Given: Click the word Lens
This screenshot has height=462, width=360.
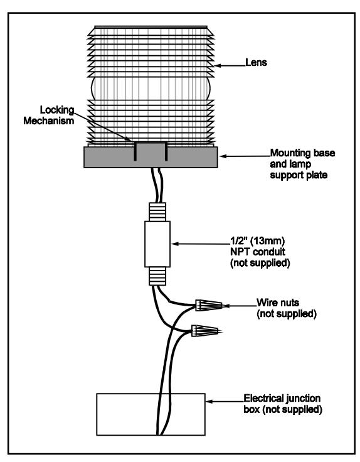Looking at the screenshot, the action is tap(256, 62).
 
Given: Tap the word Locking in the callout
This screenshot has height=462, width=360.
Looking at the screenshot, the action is tap(57, 110).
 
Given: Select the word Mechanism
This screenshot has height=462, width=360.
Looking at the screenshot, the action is tap(48, 121).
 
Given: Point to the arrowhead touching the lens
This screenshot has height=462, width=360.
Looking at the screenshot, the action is tap(218, 66).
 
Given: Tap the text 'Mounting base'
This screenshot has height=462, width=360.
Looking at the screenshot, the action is tap(302, 153).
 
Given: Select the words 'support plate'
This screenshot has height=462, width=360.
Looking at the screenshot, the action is tap(299, 175).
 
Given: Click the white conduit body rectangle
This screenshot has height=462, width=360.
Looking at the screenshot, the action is tap(157, 244).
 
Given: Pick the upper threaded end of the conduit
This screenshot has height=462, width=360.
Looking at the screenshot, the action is tap(157, 212).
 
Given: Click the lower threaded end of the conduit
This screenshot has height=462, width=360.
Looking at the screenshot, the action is tap(157, 276).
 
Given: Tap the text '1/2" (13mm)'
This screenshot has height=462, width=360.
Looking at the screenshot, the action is tap(257, 241).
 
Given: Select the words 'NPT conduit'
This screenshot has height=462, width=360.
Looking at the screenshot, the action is tap(258, 252).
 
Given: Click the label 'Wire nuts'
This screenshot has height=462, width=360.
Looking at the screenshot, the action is tap(278, 303).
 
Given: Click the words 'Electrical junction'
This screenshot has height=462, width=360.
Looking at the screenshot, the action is tap(282, 399).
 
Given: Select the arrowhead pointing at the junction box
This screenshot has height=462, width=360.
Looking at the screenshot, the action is tap(209, 401).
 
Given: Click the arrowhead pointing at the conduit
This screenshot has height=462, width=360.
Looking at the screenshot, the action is tap(174, 244).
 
